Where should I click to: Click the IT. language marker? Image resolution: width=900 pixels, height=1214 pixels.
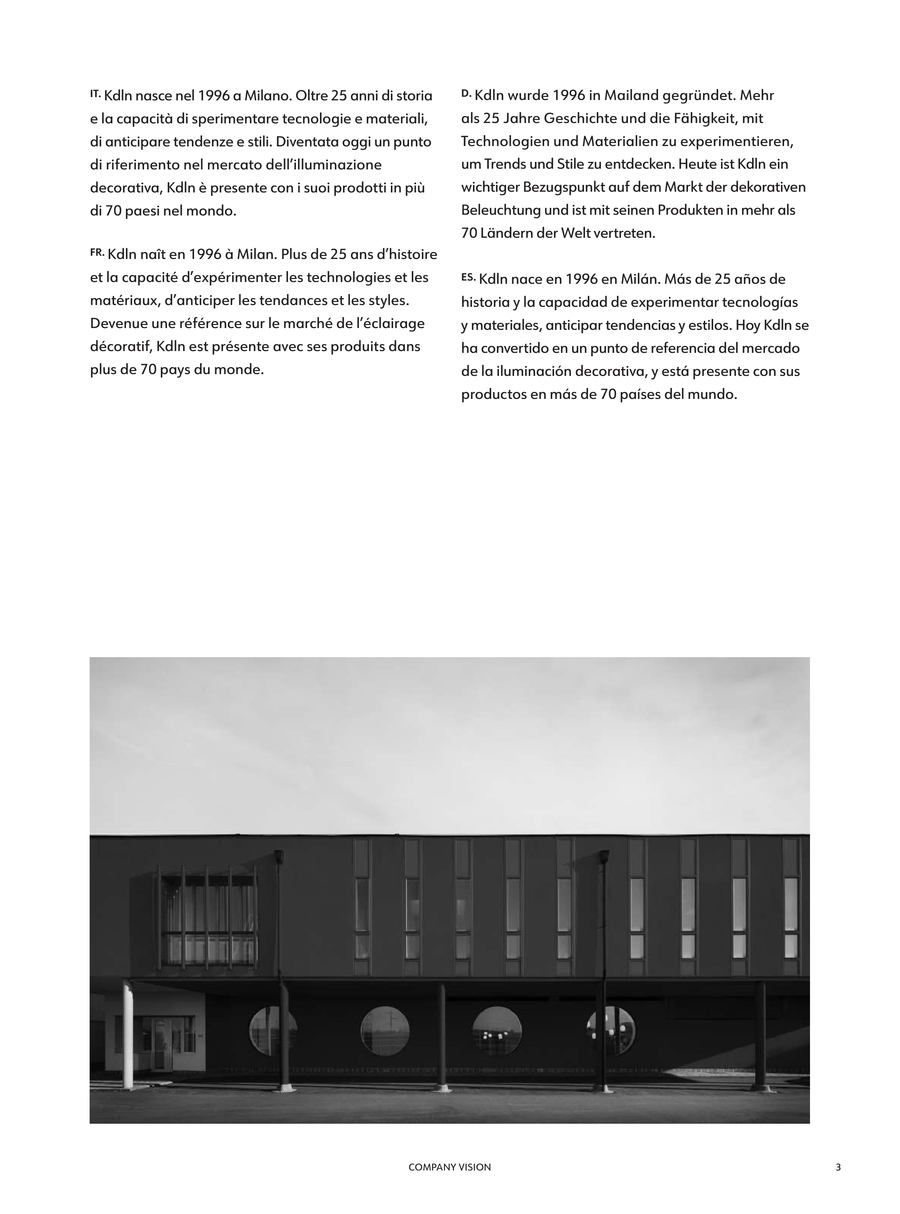pyautogui.click(x=95, y=94)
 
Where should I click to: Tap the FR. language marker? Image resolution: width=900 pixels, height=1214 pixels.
pyautogui.click(x=97, y=252)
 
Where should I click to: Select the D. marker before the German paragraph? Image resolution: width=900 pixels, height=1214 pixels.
pyautogui.click(x=466, y=94)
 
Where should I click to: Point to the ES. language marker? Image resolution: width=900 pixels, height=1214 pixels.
pyautogui.click(x=468, y=277)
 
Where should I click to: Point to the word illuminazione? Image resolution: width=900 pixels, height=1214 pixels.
pyautogui.click(x=333, y=165)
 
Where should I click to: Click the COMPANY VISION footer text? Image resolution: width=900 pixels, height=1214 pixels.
pyautogui.click(x=449, y=1167)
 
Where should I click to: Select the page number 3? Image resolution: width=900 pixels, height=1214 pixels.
pyautogui.click(x=838, y=1167)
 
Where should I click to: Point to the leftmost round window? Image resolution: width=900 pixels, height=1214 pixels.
pyautogui.click(x=273, y=1031)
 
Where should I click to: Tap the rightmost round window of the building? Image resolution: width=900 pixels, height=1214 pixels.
pyautogui.click(x=611, y=1031)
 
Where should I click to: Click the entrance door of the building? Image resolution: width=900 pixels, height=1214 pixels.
pyautogui.click(x=160, y=1044)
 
